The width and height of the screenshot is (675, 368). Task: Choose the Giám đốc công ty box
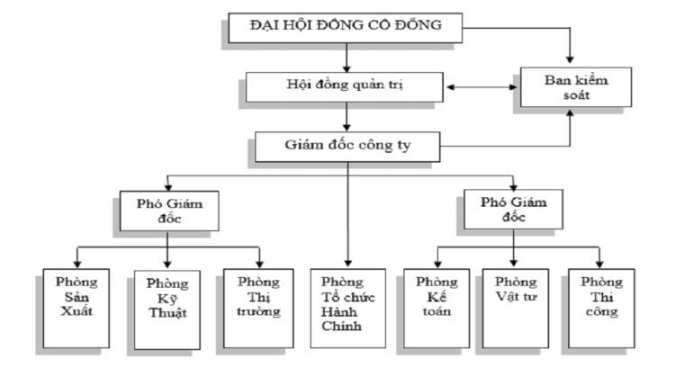point(346,143)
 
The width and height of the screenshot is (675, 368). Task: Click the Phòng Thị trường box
point(257,302)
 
